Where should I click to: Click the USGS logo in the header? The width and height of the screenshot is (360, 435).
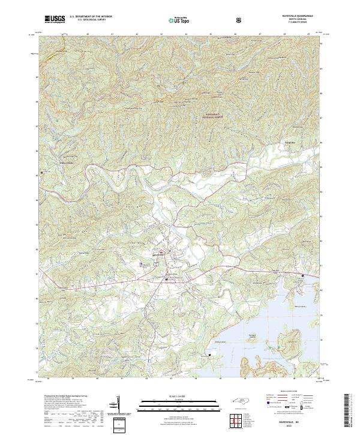(55, 19)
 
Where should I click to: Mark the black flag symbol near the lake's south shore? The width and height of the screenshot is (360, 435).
(210, 355)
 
